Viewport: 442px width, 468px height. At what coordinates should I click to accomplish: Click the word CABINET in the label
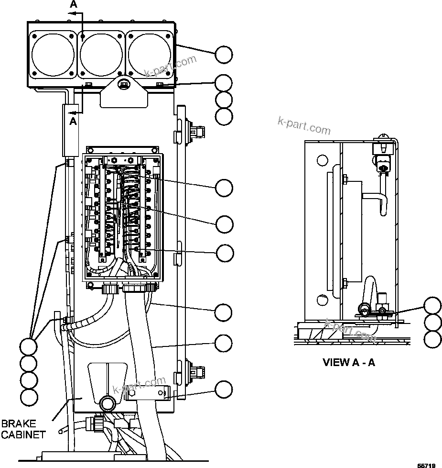[x=23, y=435]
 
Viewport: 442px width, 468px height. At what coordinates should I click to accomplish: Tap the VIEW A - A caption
[x=349, y=362]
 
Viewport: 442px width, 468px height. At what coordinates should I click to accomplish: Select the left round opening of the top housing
[x=53, y=54]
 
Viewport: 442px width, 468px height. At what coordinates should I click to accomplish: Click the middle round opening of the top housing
[x=101, y=54]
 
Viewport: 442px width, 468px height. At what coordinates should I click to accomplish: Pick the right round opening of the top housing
[x=150, y=54]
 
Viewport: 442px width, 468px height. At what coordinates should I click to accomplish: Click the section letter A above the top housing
[x=73, y=4]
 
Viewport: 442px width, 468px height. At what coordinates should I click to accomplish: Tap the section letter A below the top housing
[x=73, y=122]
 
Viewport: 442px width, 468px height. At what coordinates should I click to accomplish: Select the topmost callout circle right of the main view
[x=223, y=55]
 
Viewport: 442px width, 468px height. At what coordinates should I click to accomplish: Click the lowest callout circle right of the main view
[x=223, y=390]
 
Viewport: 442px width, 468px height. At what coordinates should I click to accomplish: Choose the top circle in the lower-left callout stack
[x=29, y=346]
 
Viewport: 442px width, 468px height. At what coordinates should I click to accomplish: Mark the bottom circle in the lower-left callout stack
[x=29, y=397]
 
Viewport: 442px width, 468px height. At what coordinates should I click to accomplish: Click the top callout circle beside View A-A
[x=432, y=306]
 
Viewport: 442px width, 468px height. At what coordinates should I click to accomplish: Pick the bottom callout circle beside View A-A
[x=432, y=339]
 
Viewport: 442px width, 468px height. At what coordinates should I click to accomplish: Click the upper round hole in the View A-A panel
[x=323, y=160]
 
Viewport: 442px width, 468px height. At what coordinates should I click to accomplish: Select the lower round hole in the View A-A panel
[x=323, y=301]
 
